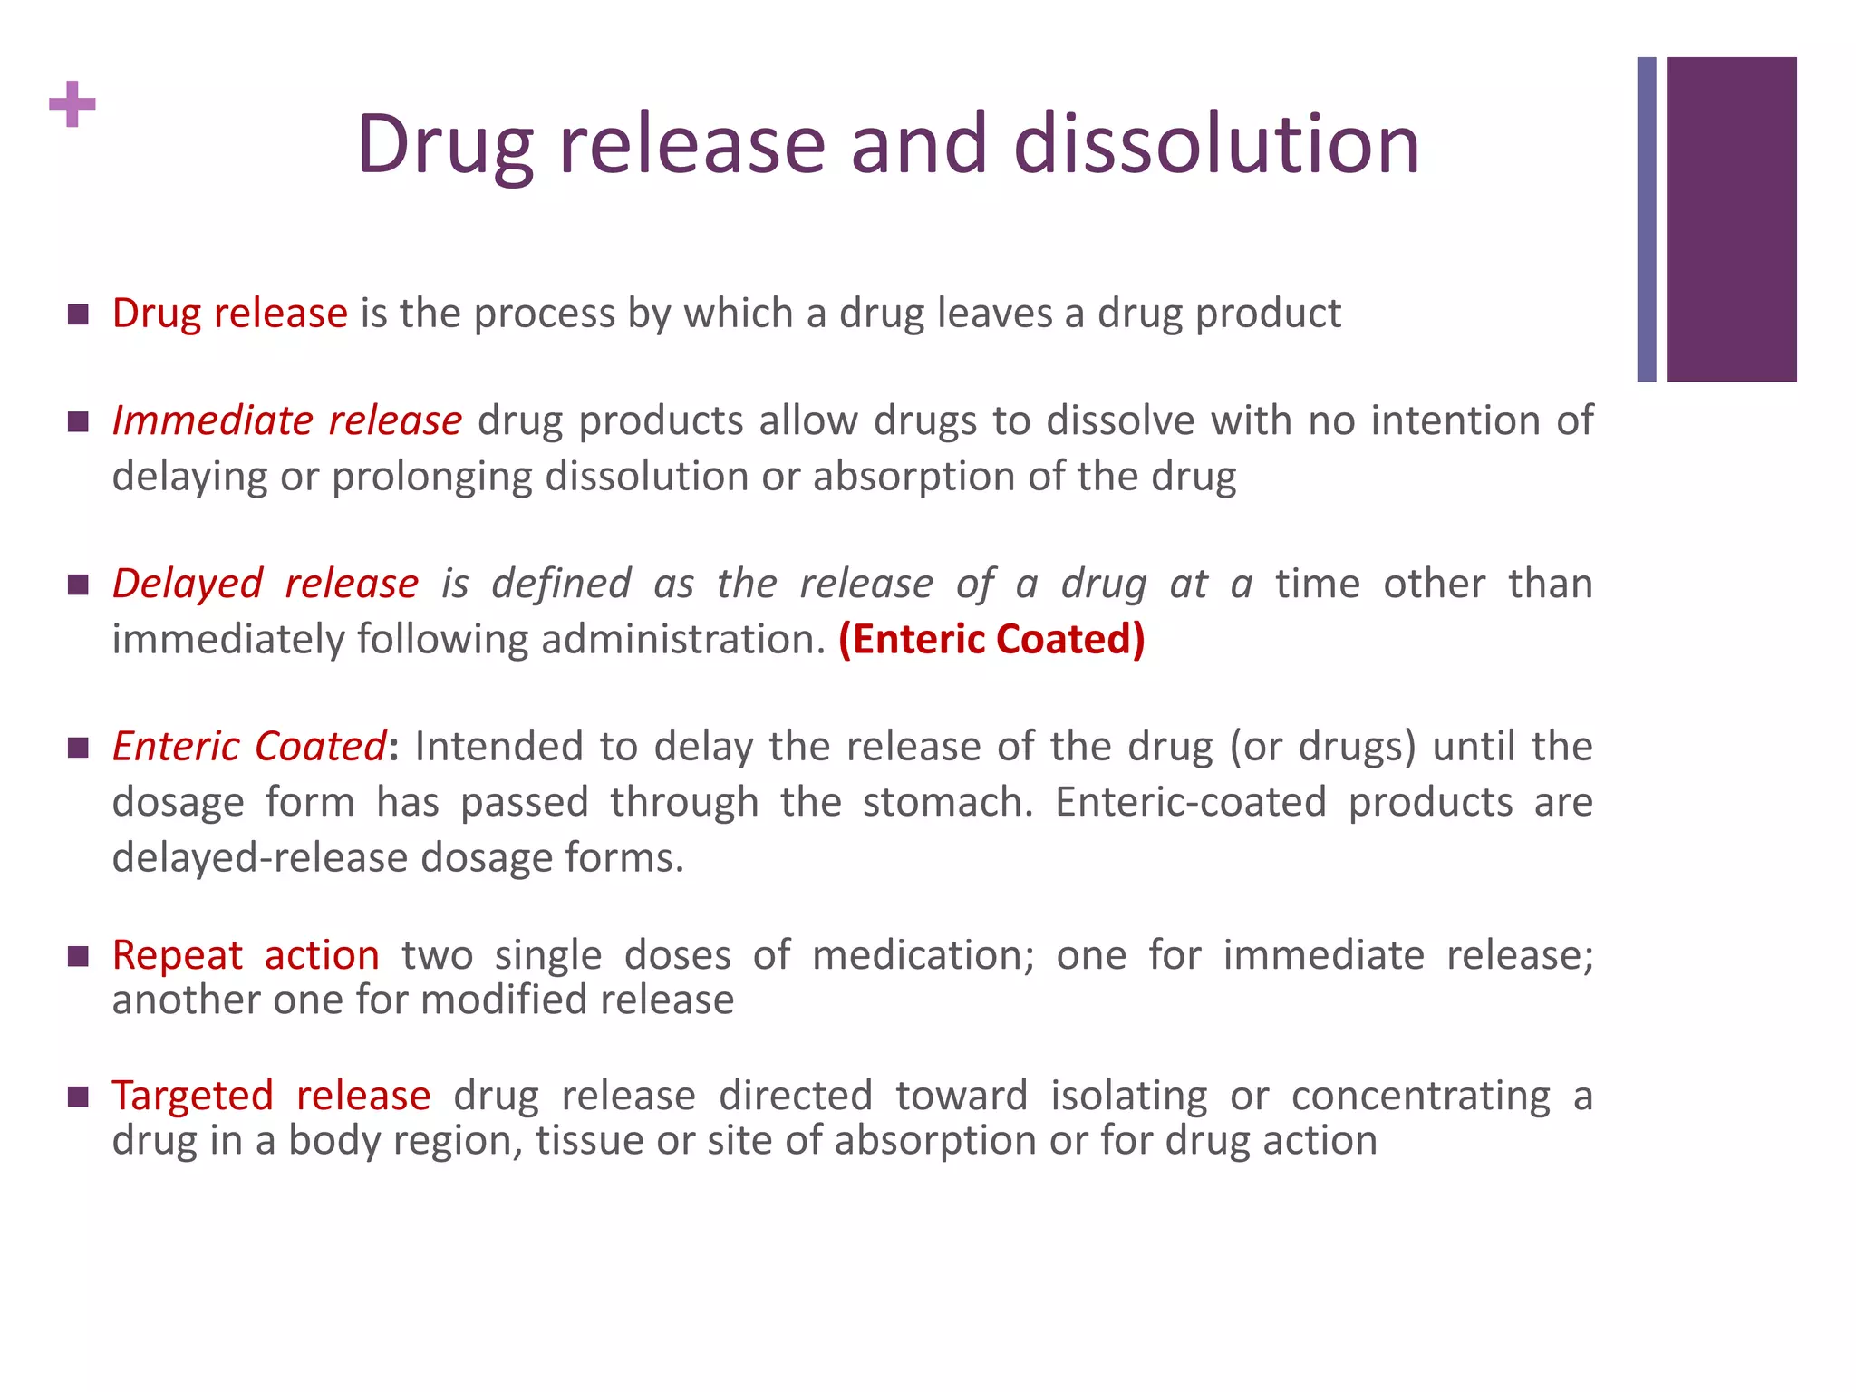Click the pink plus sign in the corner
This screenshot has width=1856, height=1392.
72,104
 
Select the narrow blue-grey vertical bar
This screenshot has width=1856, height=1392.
1646,219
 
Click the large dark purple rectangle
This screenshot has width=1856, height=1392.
1731,219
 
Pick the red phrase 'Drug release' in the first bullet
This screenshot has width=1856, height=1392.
229,314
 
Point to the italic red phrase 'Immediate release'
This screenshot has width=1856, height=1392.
286,421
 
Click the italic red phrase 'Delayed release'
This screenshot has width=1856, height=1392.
266,584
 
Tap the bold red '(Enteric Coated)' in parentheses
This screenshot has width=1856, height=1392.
991,640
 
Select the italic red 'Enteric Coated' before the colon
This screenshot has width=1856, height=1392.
249,747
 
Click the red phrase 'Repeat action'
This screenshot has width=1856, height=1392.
246,955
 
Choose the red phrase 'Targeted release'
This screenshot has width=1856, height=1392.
271,1096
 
